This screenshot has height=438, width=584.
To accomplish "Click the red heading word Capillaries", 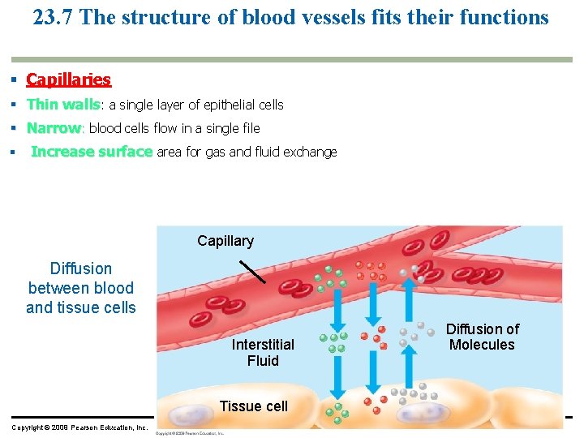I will pyautogui.click(x=68, y=79).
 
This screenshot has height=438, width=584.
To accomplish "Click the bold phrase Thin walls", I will pyautogui.click(x=63, y=105).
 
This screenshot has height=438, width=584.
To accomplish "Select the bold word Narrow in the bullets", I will pyautogui.click(x=54, y=128).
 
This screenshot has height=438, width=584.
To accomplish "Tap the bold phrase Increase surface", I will pyautogui.click(x=91, y=152).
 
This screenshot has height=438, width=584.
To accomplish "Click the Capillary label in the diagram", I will pyautogui.click(x=225, y=241).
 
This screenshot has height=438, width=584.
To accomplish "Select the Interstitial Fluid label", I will pyautogui.click(x=263, y=353).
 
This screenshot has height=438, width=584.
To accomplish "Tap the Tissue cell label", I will pyautogui.click(x=254, y=406).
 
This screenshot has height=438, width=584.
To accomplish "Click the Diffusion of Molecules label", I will pyautogui.click(x=482, y=337).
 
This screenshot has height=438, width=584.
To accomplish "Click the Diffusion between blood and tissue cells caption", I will pyautogui.click(x=80, y=288).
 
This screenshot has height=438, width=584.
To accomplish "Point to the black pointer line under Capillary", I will pyautogui.click(x=253, y=271).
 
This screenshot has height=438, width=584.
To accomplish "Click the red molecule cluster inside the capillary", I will pyautogui.click(x=374, y=270).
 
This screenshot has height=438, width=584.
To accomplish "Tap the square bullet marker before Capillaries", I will pyautogui.click(x=15, y=79).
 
